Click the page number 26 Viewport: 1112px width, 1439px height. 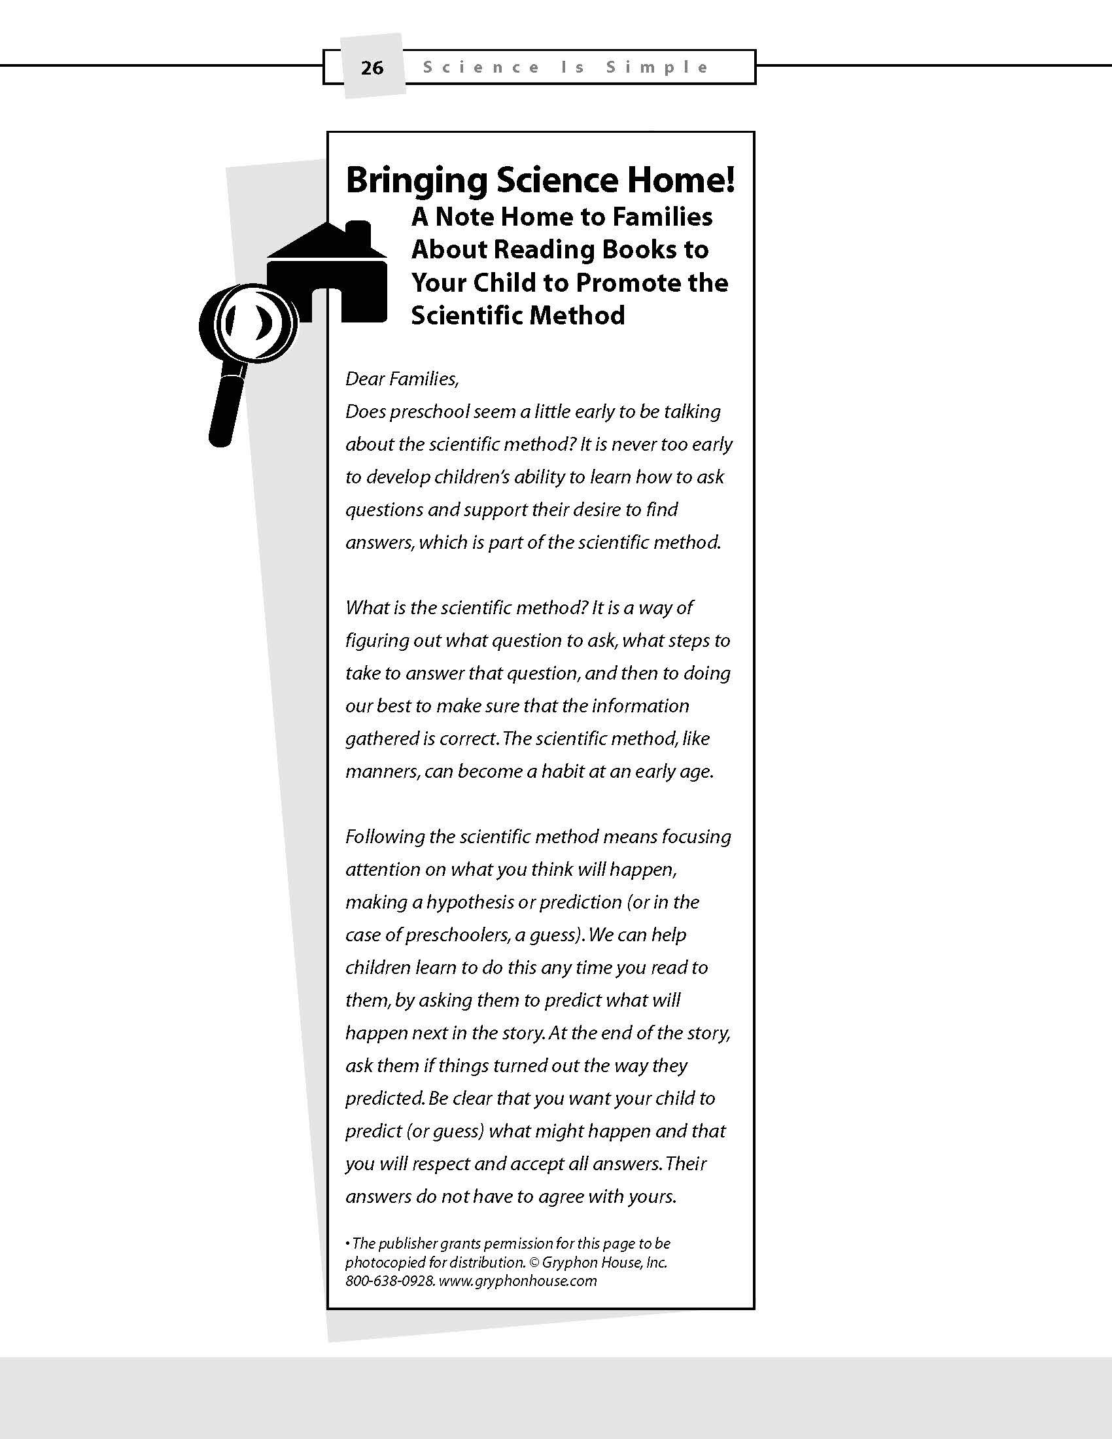pyautogui.click(x=372, y=68)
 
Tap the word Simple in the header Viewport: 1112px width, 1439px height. pyautogui.click(x=657, y=67)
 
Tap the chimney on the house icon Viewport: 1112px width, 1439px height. pyautogui.click(x=358, y=234)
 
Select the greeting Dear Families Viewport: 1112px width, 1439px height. pyautogui.click(x=402, y=379)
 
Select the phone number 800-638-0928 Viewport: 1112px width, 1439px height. pyautogui.click(x=389, y=1281)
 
